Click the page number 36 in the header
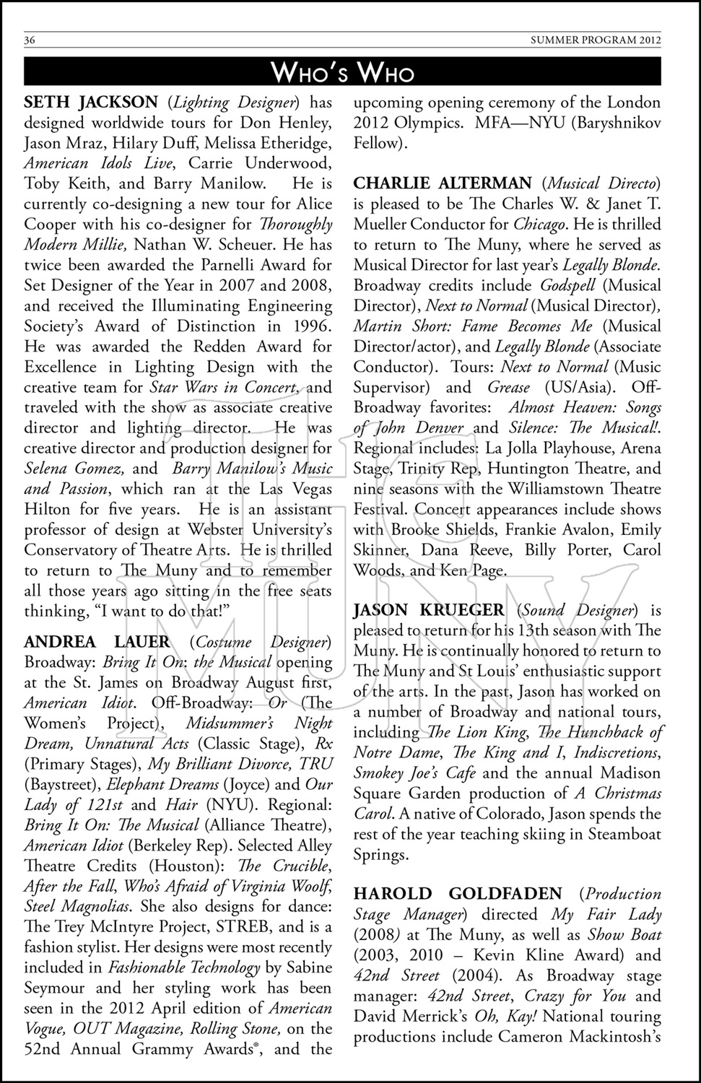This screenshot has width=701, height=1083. [x=30, y=40]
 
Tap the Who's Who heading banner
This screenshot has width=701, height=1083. [x=342, y=72]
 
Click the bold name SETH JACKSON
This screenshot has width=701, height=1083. [x=90, y=103]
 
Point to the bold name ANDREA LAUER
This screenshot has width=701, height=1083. [x=97, y=642]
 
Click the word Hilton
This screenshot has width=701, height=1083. [x=48, y=509]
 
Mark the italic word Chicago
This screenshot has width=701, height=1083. [x=539, y=225]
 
